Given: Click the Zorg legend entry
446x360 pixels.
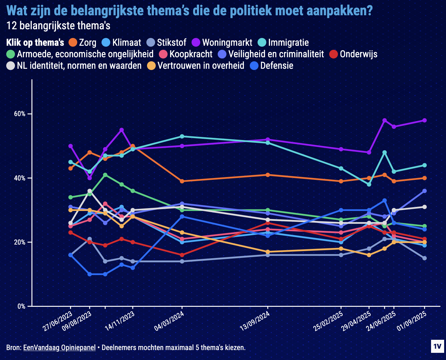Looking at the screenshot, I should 83,43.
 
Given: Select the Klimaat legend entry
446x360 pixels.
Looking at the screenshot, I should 121,43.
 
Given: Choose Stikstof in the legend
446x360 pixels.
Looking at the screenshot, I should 167,43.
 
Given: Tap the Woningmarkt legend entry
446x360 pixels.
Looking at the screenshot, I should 218,43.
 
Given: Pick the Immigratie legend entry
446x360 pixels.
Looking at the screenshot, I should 283,43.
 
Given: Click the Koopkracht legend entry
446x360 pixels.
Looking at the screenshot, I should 186,54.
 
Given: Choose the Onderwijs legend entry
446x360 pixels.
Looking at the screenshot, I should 353,54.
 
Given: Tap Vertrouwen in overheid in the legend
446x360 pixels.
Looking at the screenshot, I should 196,66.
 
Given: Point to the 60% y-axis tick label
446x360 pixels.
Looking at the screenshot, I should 20,114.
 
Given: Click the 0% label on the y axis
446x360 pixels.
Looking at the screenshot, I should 21,306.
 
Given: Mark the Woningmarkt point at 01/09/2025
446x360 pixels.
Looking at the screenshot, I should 425,120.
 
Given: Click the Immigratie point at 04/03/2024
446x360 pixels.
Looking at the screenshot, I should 182,136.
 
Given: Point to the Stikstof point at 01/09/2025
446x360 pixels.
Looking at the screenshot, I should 425,258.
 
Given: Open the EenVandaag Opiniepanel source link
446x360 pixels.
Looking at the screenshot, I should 59,348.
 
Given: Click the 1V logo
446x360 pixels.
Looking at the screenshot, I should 437,347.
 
